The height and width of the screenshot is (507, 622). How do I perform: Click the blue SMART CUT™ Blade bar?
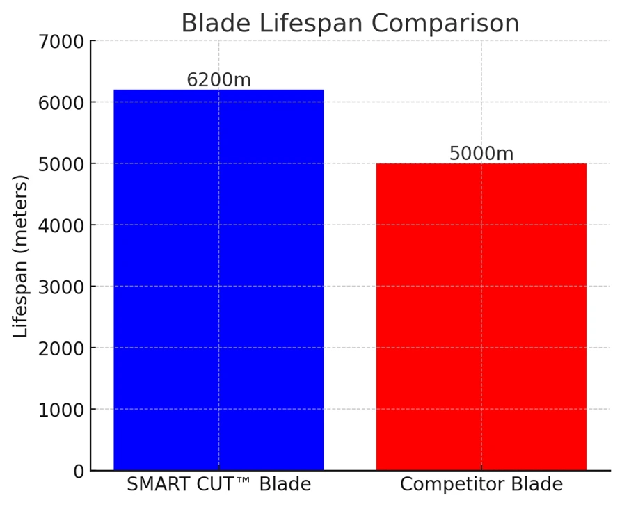pos(218,280)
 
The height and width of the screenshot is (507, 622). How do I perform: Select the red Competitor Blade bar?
pos(481,316)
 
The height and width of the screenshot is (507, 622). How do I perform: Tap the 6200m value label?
pos(218,80)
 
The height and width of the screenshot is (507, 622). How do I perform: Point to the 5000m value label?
pos(481,154)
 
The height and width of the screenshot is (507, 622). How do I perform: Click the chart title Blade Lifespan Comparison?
pos(350,23)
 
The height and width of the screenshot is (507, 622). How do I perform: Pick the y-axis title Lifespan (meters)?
pos(20,256)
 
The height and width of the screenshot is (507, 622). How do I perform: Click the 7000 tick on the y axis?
pos(61,42)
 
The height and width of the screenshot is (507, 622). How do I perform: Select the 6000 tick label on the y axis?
pos(61,103)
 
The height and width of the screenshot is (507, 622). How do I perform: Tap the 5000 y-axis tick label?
pos(61,165)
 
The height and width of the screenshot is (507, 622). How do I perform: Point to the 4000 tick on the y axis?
pos(61,226)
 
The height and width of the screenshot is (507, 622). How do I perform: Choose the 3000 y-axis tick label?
pos(61,287)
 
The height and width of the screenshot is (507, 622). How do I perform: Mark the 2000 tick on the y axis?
pos(61,349)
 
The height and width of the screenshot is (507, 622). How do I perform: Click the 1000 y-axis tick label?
pos(61,410)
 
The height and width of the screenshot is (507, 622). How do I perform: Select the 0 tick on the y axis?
pos(79,472)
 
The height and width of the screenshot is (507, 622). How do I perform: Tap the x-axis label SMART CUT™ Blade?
pos(218,484)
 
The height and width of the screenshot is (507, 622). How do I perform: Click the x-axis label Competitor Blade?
pos(481,485)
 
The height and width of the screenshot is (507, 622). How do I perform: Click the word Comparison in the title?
pos(445,24)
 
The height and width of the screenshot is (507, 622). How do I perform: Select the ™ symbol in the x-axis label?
pos(244,481)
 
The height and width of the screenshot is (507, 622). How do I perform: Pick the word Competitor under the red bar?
pos(452,485)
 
